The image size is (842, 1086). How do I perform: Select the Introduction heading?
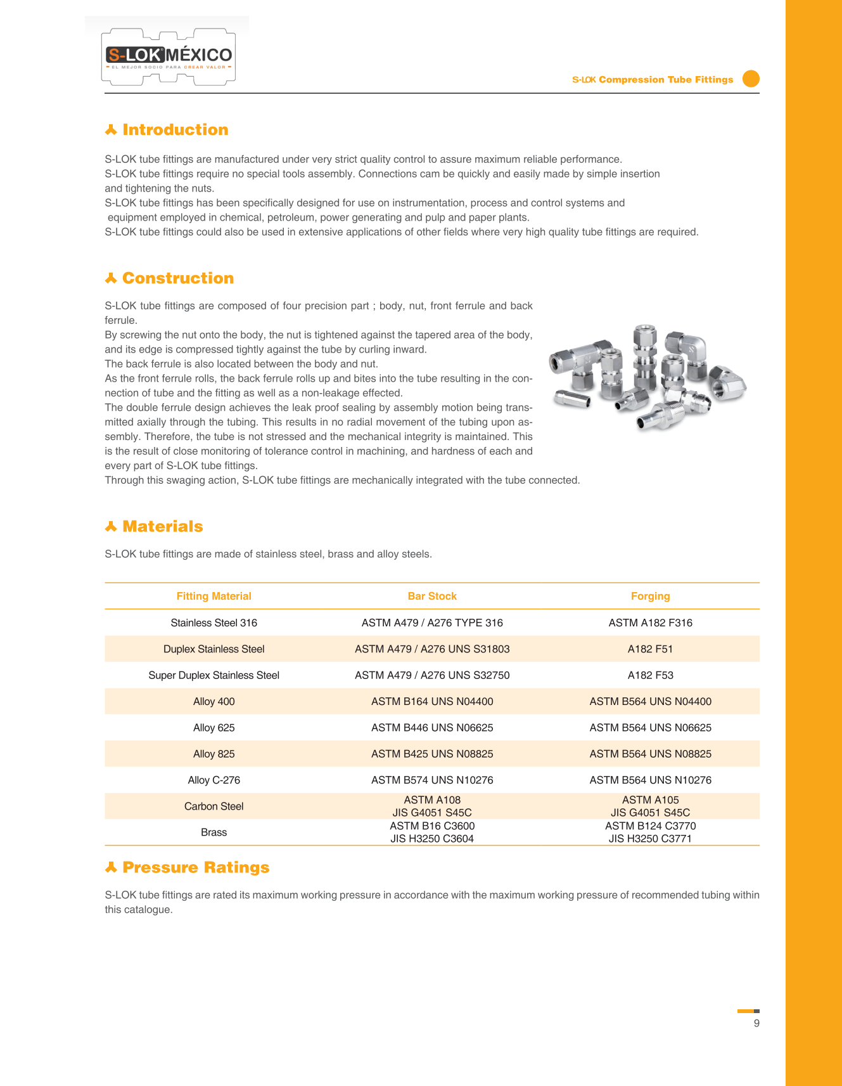pyautogui.click(x=175, y=130)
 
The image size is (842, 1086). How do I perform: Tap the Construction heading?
pyautogui.click(x=177, y=278)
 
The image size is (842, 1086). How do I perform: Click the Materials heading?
pyautogui.click(x=162, y=527)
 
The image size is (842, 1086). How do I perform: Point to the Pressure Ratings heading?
pyautogui.click(x=195, y=867)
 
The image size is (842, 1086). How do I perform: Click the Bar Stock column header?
pyautogui.click(x=432, y=596)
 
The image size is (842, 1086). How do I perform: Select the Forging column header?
pyautogui.click(x=650, y=596)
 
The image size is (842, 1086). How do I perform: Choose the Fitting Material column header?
pyautogui.click(x=214, y=596)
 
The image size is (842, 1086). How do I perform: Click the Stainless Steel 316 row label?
pyautogui.click(x=214, y=623)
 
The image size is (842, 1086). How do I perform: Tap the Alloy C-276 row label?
pyautogui.click(x=214, y=780)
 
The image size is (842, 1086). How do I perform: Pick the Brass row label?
pyautogui.click(x=214, y=832)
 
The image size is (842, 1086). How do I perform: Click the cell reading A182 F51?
pyautogui.click(x=650, y=649)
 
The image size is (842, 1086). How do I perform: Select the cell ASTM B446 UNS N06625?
pyautogui.click(x=432, y=728)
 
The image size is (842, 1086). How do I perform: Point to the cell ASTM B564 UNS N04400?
pyautogui.click(x=650, y=702)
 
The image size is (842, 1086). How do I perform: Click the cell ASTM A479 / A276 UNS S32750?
pyautogui.click(x=432, y=675)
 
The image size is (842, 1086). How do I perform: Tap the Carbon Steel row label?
pyautogui.click(x=214, y=806)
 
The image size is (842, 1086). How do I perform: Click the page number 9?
pyautogui.click(x=756, y=1023)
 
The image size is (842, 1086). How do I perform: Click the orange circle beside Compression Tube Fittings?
pyautogui.click(x=751, y=79)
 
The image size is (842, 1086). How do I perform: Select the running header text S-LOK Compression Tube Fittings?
pyautogui.click(x=653, y=80)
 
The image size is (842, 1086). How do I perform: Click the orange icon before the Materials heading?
pyautogui.click(x=111, y=527)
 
